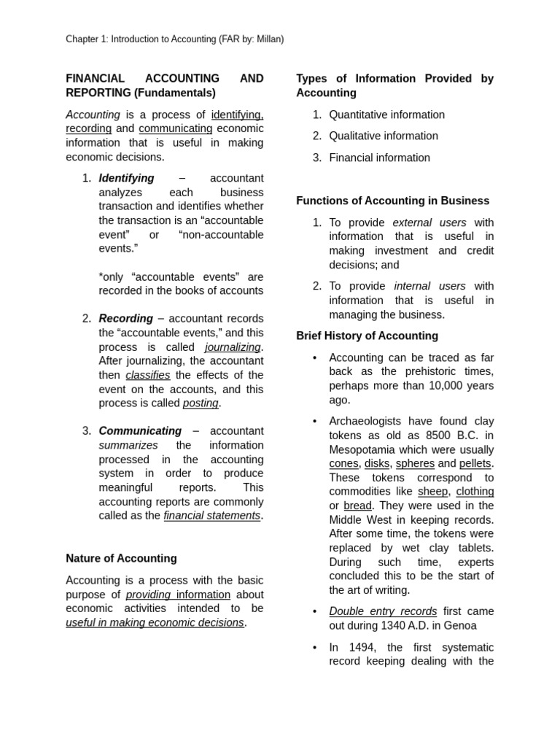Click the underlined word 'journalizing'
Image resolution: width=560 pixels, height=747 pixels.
coord(233,347)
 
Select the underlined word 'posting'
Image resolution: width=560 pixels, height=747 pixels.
coord(201,403)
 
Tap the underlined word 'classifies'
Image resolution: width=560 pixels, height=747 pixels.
coord(148,375)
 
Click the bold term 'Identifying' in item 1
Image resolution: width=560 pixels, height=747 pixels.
coord(126,179)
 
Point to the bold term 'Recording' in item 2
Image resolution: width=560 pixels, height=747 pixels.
coord(125,319)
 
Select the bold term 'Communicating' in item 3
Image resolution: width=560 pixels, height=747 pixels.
coord(140,431)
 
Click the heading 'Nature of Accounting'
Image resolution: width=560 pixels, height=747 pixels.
coord(121,559)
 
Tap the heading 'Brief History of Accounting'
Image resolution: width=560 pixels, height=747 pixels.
coord(367,336)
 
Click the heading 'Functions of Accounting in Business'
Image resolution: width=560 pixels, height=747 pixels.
coord(392,201)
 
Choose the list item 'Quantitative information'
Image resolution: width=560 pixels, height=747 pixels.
coord(386,115)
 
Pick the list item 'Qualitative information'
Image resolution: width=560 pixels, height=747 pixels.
coord(384,136)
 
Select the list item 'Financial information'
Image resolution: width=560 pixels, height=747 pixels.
coord(379,158)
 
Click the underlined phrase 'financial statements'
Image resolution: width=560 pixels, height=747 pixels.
coord(211,516)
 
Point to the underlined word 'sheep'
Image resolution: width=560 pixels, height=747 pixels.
coord(432,492)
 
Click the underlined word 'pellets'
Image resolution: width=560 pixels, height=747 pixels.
coord(475,464)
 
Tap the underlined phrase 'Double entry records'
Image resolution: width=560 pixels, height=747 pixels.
coord(383,611)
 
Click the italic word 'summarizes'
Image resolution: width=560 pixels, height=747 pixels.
coord(128,446)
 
